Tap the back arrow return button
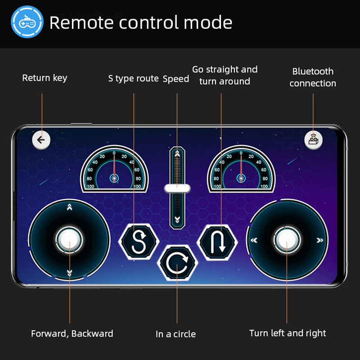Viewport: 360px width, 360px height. click(41, 140)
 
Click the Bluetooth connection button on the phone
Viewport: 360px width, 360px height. click(313, 140)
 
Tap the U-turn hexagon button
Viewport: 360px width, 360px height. click(217, 242)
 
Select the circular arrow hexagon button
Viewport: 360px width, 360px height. click(177, 263)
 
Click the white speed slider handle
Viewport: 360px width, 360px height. click(177, 189)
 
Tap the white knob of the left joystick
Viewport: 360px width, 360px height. click(69, 240)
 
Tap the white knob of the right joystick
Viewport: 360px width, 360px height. click(287, 240)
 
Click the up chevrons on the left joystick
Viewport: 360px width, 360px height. click(70, 207)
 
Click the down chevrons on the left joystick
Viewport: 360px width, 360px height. click(70, 273)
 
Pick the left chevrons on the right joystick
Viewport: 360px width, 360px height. click(254, 240)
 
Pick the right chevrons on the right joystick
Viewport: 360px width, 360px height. click(320, 240)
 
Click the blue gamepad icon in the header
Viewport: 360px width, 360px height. click(27, 22)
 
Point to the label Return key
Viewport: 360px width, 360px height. click(45, 78)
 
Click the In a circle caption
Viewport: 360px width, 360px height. click(175, 334)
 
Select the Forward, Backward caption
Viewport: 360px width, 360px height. click(72, 333)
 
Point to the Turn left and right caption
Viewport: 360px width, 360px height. click(288, 333)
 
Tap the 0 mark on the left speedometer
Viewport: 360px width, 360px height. click(114, 153)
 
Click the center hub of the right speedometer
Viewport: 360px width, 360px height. click(241, 178)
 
